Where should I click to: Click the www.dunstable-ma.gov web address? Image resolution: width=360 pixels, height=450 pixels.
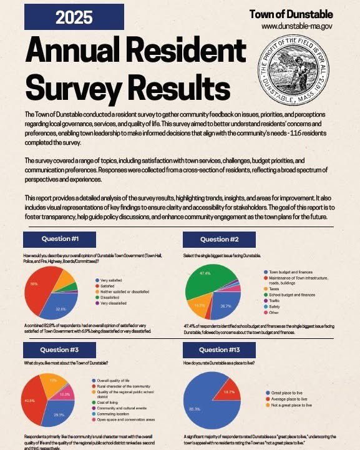[x=297, y=26]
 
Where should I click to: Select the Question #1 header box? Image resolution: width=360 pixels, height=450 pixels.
[x=59, y=239]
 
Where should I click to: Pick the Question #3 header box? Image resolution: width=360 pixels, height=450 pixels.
[x=59, y=350]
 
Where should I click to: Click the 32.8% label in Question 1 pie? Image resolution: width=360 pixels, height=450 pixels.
[x=61, y=308]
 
